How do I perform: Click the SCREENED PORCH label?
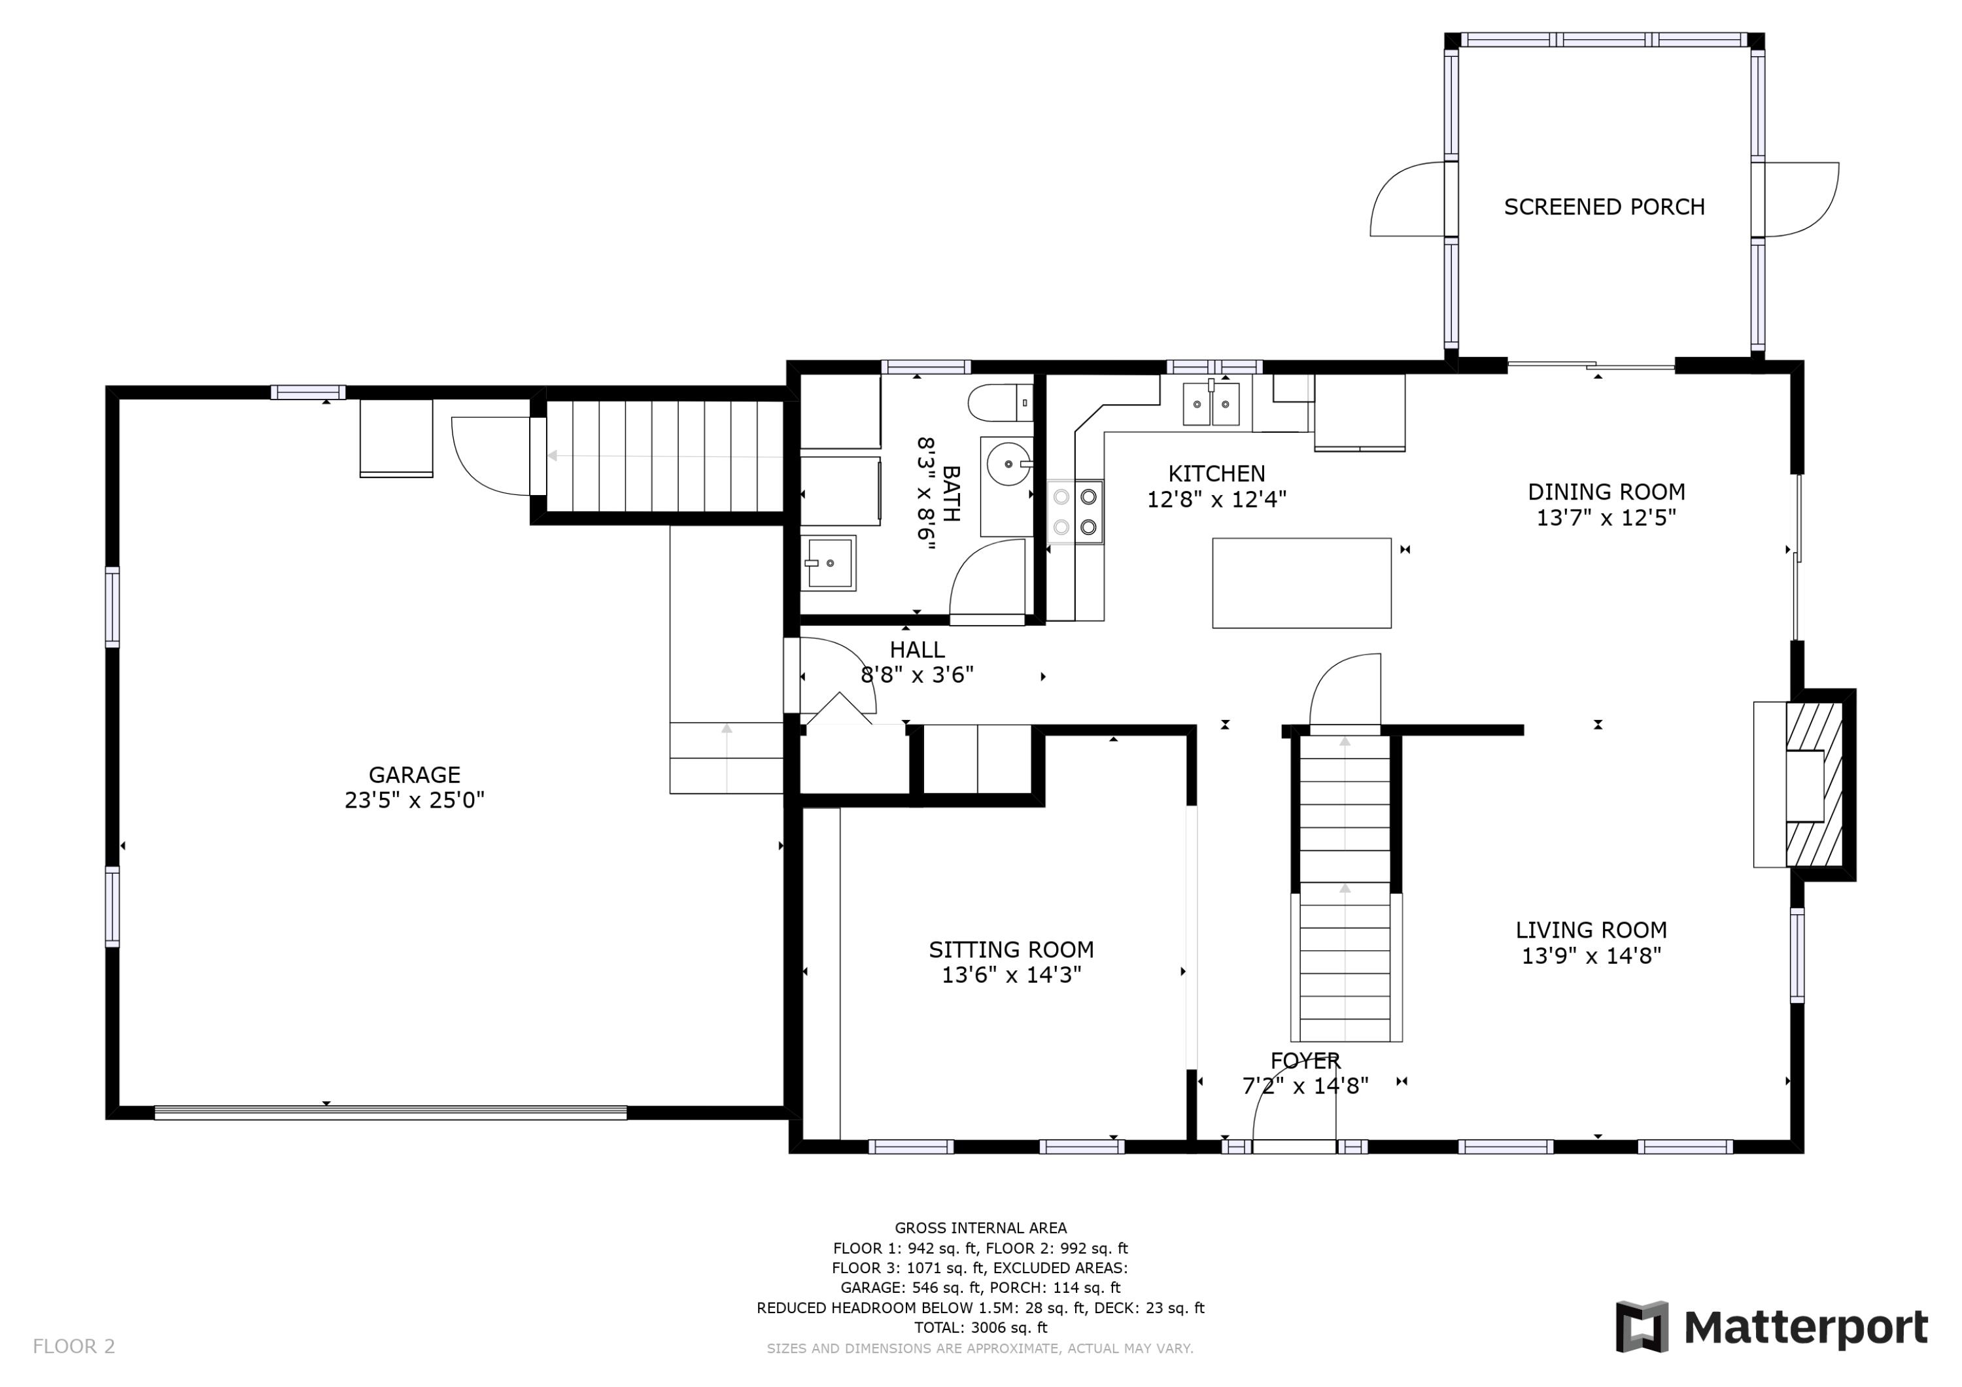coord(1604,207)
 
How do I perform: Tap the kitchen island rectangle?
coord(1301,583)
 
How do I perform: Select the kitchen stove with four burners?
coord(1075,511)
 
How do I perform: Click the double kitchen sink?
coord(1211,403)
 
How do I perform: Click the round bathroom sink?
coord(1009,463)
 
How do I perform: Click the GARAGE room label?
coord(415,774)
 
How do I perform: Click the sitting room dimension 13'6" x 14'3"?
coord(1012,975)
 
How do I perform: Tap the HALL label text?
coord(917,649)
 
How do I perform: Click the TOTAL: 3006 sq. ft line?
coord(980,1327)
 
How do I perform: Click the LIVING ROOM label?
coord(1591,930)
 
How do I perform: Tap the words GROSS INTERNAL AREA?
coord(980,1228)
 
